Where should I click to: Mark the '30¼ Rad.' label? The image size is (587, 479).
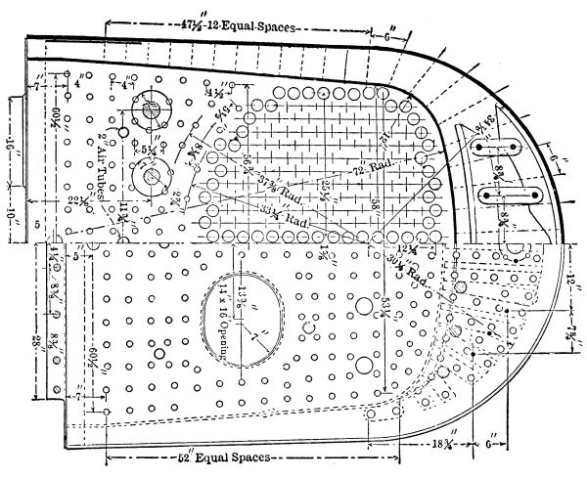[412, 270]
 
